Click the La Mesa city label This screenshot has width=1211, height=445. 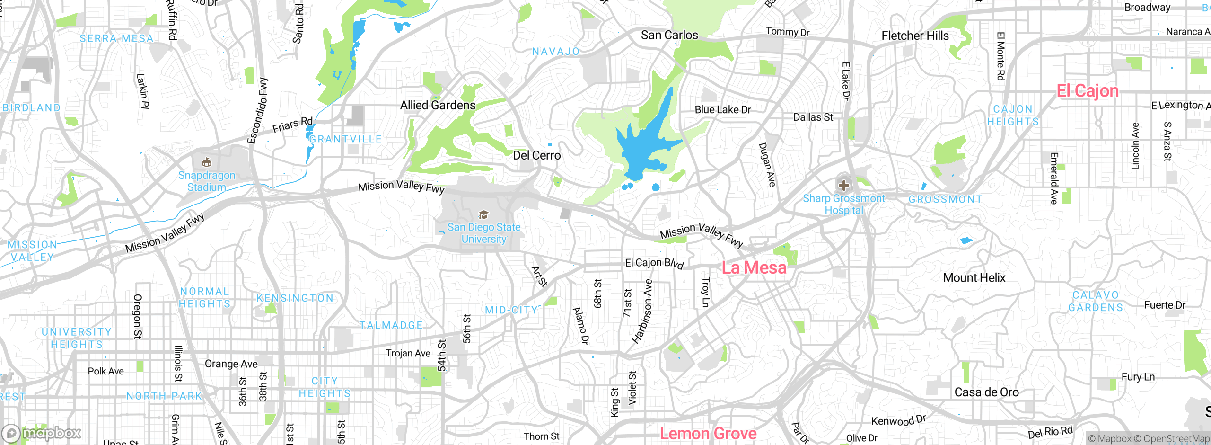(x=754, y=268)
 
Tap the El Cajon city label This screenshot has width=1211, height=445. (x=1088, y=91)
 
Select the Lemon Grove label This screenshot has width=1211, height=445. (x=708, y=434)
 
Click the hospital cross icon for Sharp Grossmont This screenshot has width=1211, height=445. (x=843, y=186)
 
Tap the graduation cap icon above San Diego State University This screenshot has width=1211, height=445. (x=483, y=215)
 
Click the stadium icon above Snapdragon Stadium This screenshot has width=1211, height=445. (x=207, y=163)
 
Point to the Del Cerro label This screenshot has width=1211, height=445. (x=537, y=156)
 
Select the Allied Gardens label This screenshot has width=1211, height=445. (x=438, y=105)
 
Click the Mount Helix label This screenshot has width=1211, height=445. (x=974, y=278)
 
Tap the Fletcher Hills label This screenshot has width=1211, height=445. (x=915, y=36)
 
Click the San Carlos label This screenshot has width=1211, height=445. (x=669, y=35)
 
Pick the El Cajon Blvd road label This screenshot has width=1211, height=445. (x=654, y=264)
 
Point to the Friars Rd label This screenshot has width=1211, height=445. (x=292, y=125)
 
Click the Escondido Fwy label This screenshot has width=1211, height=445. (x=257, y=111)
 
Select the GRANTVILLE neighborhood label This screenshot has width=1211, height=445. (x=345, y=139)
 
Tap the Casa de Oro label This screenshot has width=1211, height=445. (x=986, y=392)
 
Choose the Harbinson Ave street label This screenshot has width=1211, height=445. (x=642, y=311)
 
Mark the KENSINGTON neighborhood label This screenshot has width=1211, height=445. (x=295, y=298)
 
